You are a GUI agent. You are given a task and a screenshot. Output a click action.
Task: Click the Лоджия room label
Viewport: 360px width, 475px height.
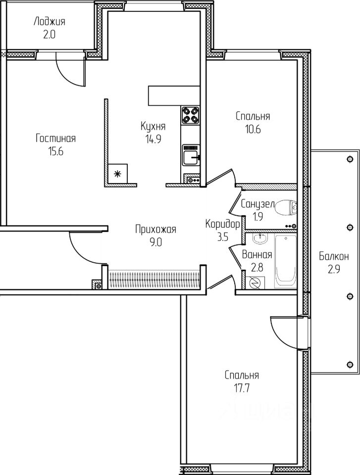click(50, 21)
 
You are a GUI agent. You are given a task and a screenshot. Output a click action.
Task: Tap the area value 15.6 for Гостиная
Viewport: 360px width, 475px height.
click(55, 151)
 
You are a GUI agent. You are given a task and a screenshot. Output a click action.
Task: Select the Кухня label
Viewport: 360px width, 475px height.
click(153, 126)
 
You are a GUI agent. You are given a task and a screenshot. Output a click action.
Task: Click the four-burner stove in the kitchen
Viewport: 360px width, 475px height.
click(191, 115)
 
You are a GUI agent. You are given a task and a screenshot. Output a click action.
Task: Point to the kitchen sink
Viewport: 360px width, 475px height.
click(191, 157)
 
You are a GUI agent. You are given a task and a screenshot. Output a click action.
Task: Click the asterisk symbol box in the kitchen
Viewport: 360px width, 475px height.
click(118, 173)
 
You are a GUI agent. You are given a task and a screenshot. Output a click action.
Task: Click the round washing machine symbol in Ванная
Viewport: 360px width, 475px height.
click(256, 283)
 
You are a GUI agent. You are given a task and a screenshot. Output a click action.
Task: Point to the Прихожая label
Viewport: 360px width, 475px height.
click(155, 229)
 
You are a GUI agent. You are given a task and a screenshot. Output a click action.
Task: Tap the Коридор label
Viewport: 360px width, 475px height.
click(222, 224)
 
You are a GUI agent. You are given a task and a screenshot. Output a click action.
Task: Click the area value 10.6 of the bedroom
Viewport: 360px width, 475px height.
click(253, 130)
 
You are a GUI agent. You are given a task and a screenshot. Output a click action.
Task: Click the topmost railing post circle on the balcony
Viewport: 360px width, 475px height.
click(350, 159)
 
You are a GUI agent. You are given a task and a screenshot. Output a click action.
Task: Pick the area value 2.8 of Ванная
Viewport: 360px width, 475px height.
click(257, 267)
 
